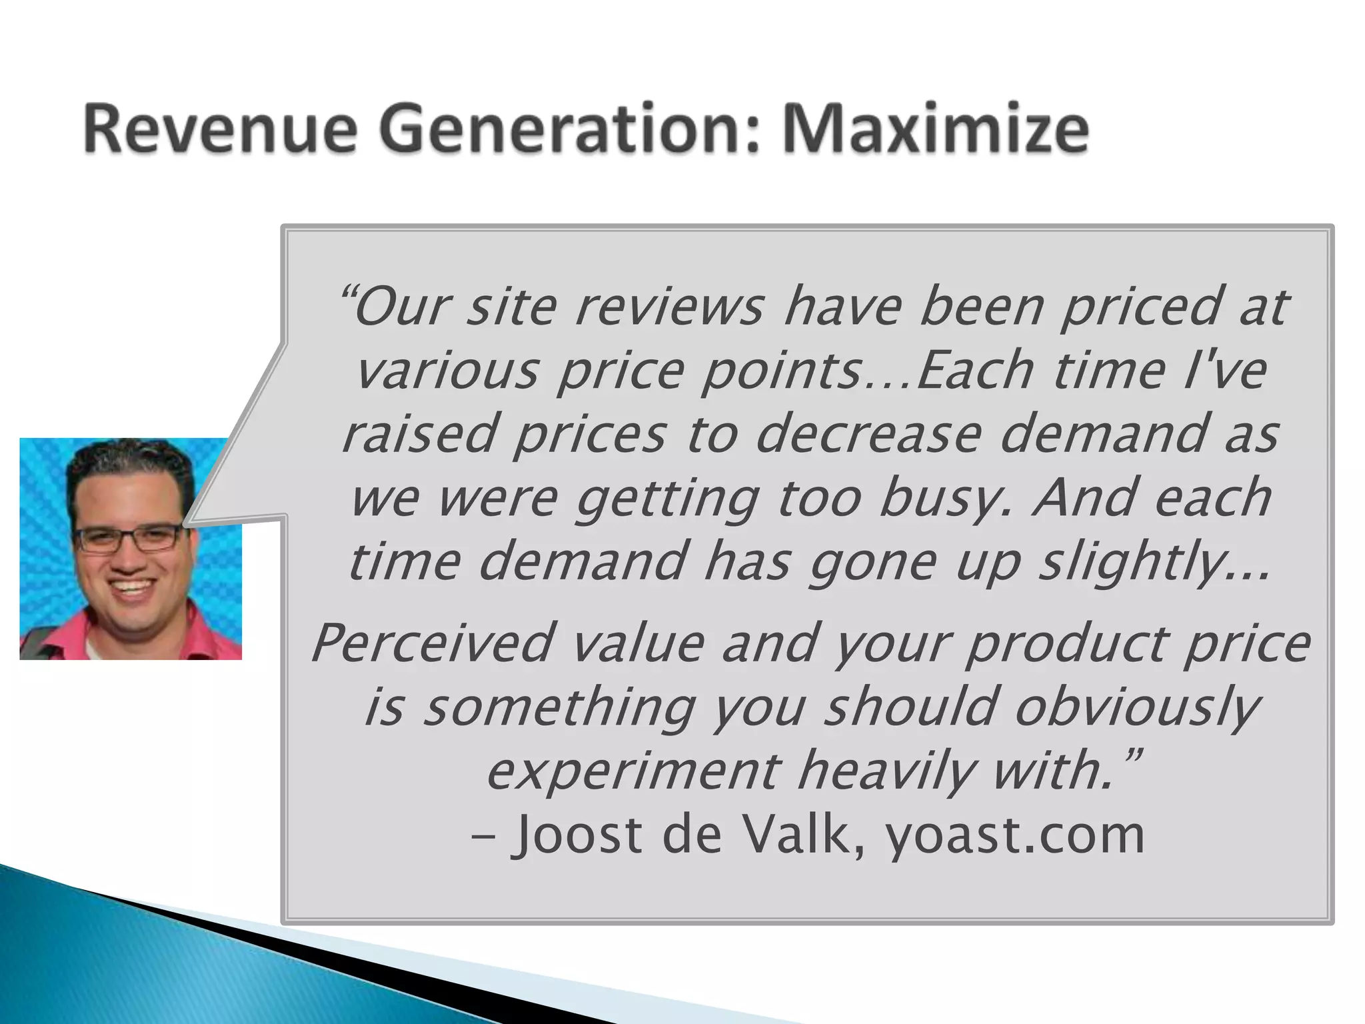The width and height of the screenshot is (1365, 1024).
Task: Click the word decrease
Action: (x=867, y=434)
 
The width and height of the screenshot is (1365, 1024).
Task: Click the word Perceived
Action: (x=432, y=643)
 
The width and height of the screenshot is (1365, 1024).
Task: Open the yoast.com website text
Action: (x=1014, y=836)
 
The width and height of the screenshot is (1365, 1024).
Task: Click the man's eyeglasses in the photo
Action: (x=127, y=537)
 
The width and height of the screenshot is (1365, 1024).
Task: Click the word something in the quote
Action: (x=560, y=707)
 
